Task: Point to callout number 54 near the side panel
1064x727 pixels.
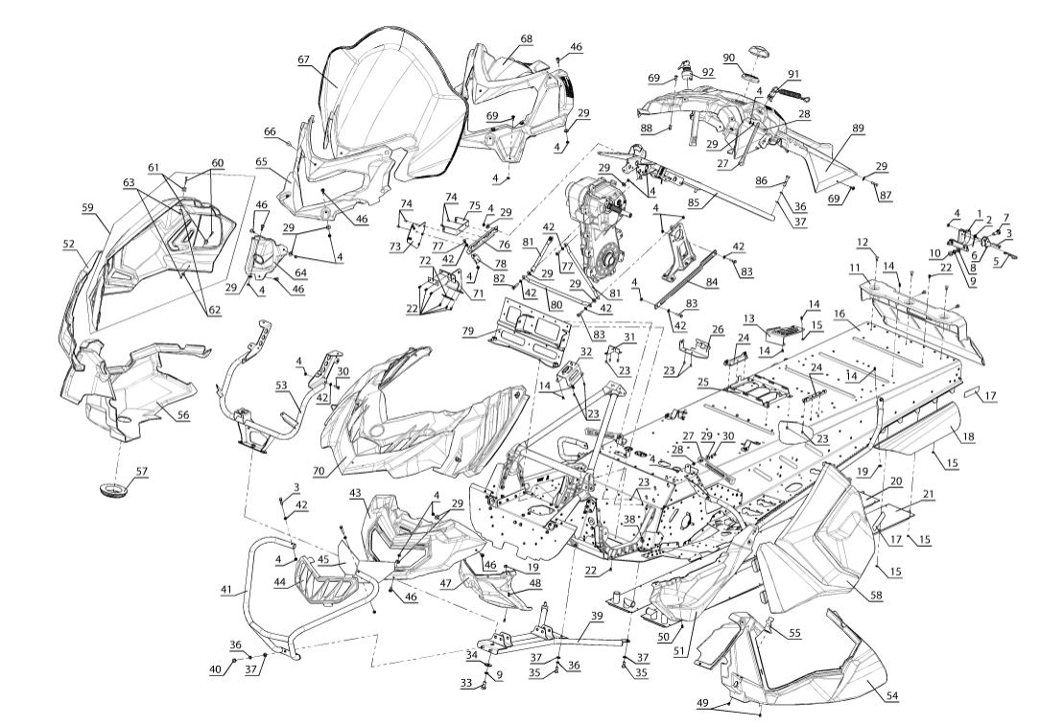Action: point(893,695)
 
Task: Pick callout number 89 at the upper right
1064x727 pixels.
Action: point(857,128)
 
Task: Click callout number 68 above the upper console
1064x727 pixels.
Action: point(526,38)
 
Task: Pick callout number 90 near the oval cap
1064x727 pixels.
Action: point(728,58)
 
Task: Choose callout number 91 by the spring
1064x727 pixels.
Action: point(793,74)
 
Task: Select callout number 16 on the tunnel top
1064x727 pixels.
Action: point(839,314)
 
